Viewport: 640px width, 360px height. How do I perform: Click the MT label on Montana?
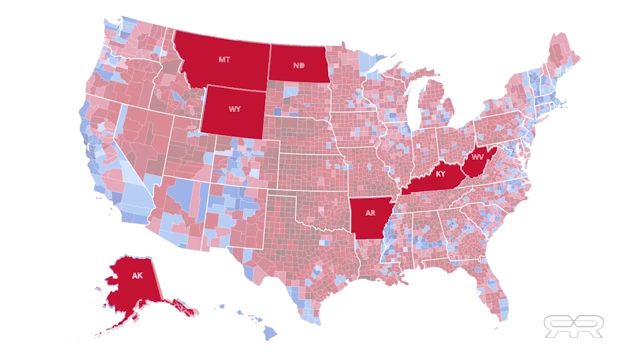pos(224,59)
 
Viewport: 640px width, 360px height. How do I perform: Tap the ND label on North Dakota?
pos(299,65)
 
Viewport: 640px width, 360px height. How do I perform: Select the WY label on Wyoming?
pos(234,109)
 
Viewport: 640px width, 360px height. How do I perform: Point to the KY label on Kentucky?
pos(440,174)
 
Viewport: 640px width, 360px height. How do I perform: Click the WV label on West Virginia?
pos(478,157)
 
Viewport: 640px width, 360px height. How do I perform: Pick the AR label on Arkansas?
pos(370,213)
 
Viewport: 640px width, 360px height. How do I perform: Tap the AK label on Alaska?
pos(137,275)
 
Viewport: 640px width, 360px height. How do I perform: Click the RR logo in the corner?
pos(573,326)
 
